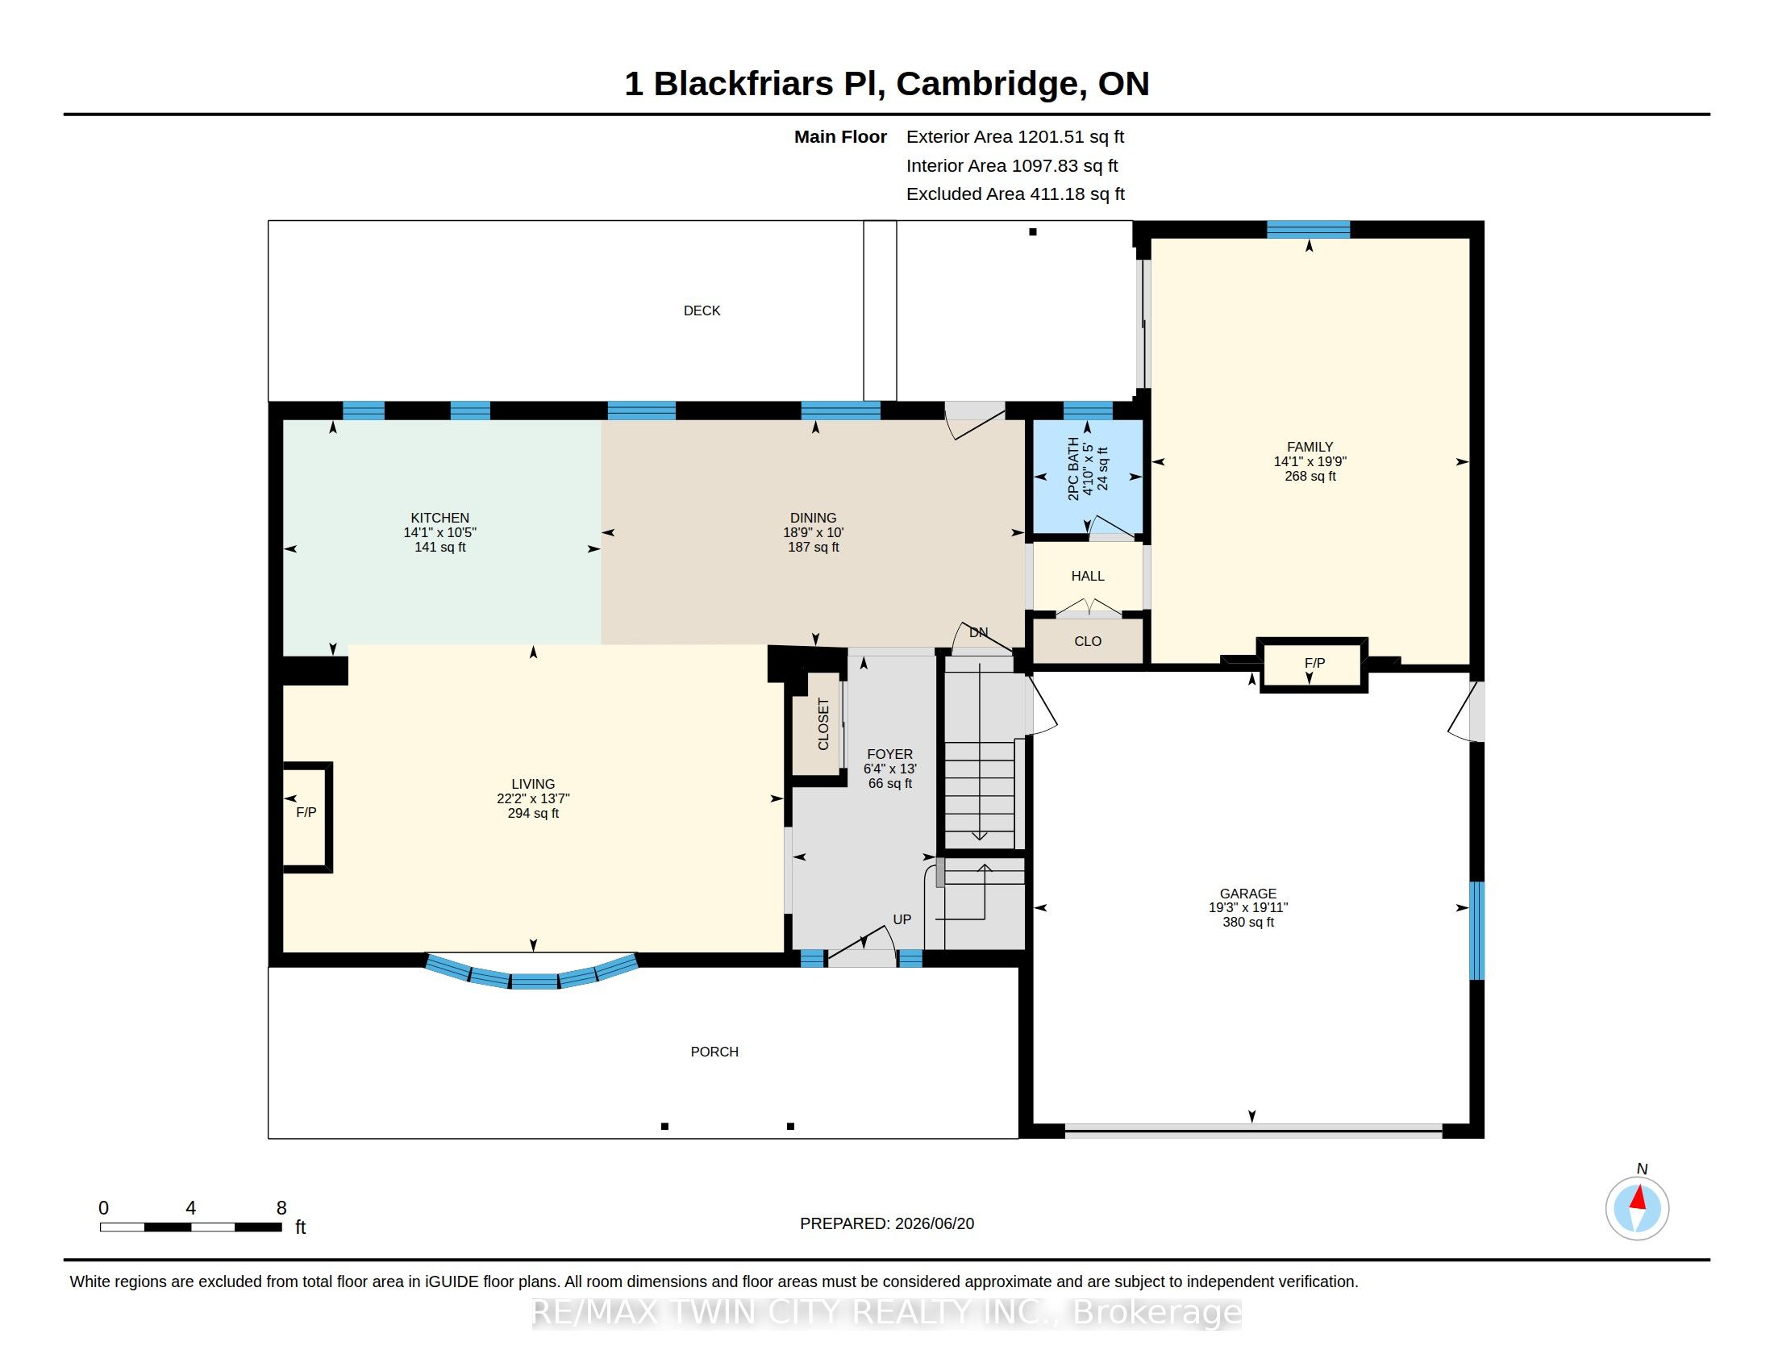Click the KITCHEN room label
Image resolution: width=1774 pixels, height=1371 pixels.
[x=439, y=518]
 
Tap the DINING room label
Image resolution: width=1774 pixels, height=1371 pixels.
[x=813, y=518]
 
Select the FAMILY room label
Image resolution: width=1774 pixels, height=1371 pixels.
[x=1310, y=447]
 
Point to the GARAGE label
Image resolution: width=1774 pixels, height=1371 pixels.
[x=1247, y=893]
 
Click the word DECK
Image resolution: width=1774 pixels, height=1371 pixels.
[x=702, y=310]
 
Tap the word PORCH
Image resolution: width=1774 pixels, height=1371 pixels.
[x=714, y=1051]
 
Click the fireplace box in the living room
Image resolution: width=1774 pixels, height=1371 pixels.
[x=307, y=816]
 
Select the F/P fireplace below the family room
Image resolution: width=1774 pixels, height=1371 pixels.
[x=1313, y=665]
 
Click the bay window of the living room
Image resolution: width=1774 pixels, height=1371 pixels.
[x=532, y=977]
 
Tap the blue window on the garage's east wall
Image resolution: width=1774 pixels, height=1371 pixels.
[x=1476, y=931]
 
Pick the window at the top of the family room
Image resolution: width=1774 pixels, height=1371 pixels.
[x=1308, y=229]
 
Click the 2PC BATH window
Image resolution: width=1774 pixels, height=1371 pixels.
[x=1088, y=410]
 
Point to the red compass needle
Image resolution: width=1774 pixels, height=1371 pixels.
[x=1639, y=1198]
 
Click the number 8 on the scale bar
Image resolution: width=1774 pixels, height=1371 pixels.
[x=281, y=1208]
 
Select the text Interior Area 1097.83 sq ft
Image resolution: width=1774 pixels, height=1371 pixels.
[x=1011, y=165]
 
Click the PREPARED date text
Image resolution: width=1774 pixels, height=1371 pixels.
[x=887, y=1223]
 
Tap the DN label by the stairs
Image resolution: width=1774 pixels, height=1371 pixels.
[x=978, y=632]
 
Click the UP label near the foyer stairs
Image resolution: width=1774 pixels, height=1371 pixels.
[x=902, y=919]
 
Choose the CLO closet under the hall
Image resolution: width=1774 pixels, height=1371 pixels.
[x=1087, y=641]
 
